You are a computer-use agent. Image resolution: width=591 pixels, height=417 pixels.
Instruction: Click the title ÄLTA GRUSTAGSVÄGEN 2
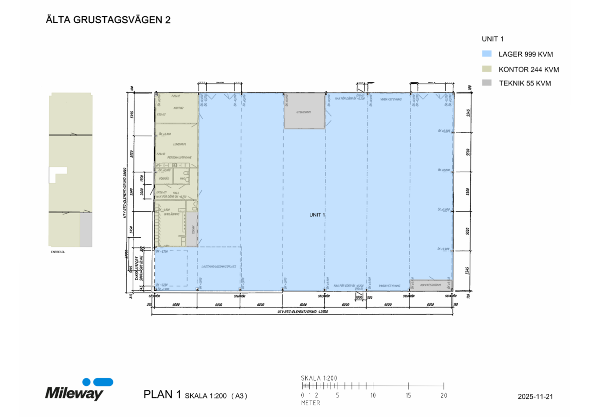click(x=108, y=20)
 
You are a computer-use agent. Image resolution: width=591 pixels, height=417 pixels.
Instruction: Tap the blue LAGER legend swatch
click(x=487, y=54)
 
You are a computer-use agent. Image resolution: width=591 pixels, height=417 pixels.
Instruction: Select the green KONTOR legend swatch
click(x=487, y=69)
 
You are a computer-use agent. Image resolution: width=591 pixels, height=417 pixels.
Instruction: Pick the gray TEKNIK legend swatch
click(x=487, y=83)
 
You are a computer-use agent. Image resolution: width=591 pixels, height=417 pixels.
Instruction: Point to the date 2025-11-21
click(x=535, y=397)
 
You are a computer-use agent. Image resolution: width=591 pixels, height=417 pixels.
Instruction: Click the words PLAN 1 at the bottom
click(x=162, y=394)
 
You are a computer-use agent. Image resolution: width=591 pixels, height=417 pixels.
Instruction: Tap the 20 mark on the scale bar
click(x=443, y=395)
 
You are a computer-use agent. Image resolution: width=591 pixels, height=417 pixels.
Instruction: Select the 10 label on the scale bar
click(x=373, y=395)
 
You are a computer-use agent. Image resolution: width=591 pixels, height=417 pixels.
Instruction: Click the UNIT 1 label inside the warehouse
click(x=317, y=215)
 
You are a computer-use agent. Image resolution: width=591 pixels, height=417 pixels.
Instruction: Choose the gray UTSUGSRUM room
click(x=304, y=112)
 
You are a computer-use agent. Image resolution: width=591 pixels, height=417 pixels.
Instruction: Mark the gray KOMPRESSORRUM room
click(x=431, y=285)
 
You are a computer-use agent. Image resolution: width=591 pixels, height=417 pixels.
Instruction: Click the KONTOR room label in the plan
click(x=178, y=108)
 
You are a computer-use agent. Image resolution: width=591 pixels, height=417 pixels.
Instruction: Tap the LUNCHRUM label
click(x=180, y=144)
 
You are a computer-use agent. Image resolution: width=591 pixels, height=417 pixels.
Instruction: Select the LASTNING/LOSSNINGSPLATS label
click(x=219, y=267)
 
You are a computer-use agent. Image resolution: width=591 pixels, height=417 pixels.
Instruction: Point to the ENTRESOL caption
click(x=58, y=252)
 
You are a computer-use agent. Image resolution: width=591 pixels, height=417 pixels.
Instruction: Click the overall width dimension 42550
click(x=303, y=312)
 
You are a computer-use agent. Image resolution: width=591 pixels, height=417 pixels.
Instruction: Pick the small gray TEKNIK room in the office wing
click(x=192, y=229)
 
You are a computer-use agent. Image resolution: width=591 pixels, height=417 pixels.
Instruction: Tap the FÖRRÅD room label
click(x=164, y=178)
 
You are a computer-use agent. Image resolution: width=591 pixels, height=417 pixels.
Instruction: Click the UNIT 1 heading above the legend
click(x=492, y=39)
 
